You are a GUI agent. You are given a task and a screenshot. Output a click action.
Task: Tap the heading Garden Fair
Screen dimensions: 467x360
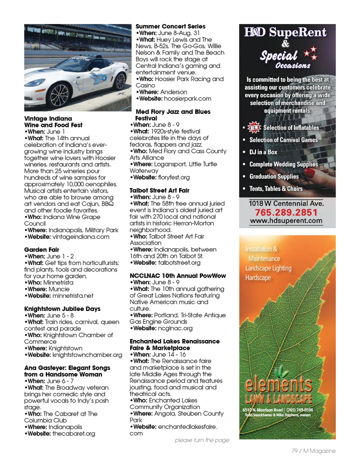coord(42,249)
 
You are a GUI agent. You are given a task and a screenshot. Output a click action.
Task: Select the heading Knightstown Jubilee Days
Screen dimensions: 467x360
coord(62,309)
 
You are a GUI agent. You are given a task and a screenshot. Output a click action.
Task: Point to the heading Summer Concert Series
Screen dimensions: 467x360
coord(170,26)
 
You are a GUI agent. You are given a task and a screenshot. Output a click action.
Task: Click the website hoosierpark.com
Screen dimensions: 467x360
coord(187,99)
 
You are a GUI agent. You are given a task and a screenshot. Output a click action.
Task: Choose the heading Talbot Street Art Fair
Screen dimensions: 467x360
coord(159,190)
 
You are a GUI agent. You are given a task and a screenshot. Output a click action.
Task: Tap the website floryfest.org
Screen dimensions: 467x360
coord(174,177)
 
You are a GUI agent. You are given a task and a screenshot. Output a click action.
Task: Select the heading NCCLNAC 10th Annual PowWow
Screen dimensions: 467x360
coord(178,276)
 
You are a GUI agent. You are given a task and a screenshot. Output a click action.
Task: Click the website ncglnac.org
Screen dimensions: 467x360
coord(175,328)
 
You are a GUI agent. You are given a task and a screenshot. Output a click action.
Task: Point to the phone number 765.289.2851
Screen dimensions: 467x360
coord(286,212)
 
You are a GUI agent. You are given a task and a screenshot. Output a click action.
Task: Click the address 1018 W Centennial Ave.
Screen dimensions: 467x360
coord(286,203)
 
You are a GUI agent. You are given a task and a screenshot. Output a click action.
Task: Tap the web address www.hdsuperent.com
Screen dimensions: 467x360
coord(286,221)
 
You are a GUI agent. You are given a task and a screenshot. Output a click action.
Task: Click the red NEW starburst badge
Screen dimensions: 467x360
coord(254,128)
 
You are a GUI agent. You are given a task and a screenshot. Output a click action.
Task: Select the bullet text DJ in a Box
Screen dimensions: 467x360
coord(263,152)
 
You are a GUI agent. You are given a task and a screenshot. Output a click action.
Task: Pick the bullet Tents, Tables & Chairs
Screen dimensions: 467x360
coord(276,189)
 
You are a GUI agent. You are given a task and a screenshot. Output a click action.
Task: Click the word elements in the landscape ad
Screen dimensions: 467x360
coord(278,384)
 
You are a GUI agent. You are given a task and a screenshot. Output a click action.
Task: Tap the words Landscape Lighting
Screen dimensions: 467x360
coord(268,268)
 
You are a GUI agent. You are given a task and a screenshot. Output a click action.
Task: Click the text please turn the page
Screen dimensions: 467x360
coord(202,440)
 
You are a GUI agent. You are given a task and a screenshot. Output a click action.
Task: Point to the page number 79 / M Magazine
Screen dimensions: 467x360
coord(313,450)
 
